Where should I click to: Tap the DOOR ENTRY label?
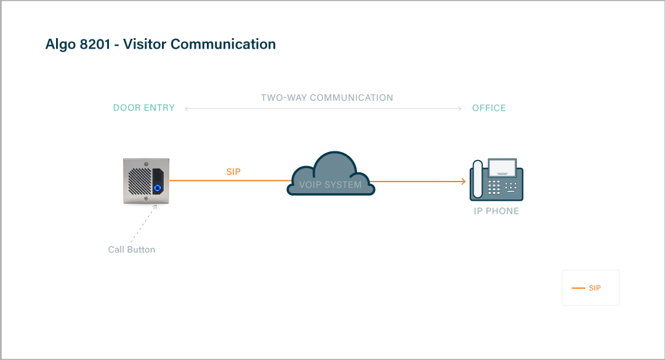pyautogui.click(x=144, y=108)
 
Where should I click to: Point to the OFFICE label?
pyautogui.click(x=489, y=108)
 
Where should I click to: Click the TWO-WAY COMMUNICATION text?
pyautogui.click(x=327, y=98)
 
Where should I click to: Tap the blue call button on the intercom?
pyautogui.click(x=158, y=189)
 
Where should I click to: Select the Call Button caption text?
pyautogui.click(x=132, y=250)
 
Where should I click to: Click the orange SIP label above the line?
pyautogui.click(x=233, y=172)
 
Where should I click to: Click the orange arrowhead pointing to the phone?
pyautogui.click(x=462, y=182)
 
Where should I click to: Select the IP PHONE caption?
pyautogui.click(x=496, y=211)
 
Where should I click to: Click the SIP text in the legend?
pyautogui.click(x=594, y=288)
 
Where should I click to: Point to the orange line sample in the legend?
pyautogui.click(x=578, y=288)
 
